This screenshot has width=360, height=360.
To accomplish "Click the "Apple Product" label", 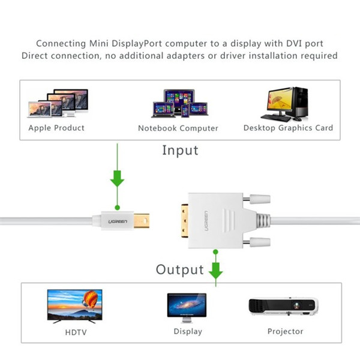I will click(56, 128).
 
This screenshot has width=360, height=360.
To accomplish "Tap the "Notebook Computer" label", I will click(178, 128).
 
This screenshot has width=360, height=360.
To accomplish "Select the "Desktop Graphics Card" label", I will click(288, 128).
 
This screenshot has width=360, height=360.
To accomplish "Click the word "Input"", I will click(180, 150).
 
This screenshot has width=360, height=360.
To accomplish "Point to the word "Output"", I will click(180, 269).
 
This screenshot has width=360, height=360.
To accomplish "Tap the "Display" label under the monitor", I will click(188, 331).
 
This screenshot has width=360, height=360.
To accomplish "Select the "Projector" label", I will click(286, 331).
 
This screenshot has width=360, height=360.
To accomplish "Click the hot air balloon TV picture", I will click(74, 305).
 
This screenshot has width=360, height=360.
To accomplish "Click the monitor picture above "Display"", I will click(186, 308).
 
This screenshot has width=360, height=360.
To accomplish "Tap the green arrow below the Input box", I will click(118, 178).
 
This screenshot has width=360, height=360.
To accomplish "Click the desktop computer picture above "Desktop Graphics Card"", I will click(286, 103).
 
